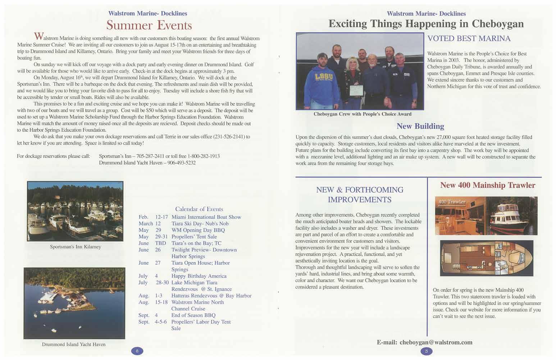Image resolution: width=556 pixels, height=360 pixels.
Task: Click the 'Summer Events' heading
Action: pos(149,25)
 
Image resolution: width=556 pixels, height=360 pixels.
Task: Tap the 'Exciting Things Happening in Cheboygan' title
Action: pos(426,24)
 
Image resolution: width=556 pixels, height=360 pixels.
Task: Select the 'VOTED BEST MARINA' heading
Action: pos(469,38)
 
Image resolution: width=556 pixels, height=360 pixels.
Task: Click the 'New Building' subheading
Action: pos(420,126)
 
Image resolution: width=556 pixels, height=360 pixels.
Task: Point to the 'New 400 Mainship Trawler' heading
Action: pos(487,185)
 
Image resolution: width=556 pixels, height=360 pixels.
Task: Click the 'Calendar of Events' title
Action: pos(199,209)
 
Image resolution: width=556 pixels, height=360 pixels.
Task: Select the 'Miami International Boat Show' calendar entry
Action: pos(206,217)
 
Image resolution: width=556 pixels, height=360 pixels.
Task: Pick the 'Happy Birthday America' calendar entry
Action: pos(199,276)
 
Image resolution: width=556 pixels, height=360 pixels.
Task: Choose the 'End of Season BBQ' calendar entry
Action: pos(193,315)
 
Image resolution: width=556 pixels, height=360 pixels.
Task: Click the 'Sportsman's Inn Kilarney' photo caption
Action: pos(75,247)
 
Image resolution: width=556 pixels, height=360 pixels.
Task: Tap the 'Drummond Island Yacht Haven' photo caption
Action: pos(74,344)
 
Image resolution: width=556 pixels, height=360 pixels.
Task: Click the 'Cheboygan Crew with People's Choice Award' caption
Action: pos(362,114)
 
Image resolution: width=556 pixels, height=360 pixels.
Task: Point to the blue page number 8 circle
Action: pos(137,351)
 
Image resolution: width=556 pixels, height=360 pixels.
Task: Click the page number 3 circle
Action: pos(426,351)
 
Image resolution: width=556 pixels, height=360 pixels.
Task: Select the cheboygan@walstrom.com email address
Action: pos(436,342)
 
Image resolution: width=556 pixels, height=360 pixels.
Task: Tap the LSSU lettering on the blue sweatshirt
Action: pos(322,77)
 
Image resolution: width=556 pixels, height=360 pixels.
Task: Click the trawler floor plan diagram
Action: pos(486,258)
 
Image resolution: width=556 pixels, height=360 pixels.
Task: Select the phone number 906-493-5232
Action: pos(181,163)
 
